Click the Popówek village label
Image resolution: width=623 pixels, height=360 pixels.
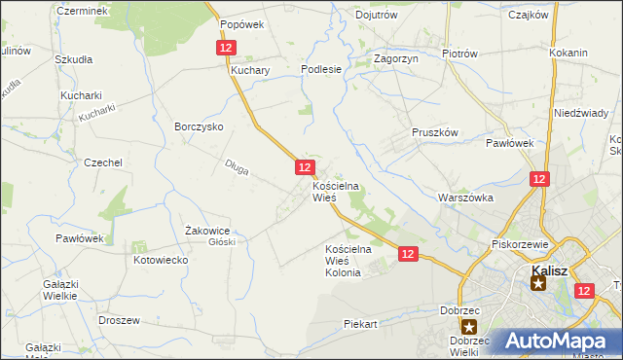pos(242,24)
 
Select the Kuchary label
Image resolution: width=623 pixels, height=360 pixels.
pos(249,71)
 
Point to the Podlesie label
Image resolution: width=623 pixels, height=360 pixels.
pos(321,69)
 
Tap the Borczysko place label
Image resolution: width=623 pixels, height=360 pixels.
pos(200,126)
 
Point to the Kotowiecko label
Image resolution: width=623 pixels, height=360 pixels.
pos(161,261)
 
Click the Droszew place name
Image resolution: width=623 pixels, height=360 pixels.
pos(120,319)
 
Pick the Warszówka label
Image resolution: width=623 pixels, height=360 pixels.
pos(466,198)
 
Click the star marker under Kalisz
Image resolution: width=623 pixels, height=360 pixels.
pos(538,283)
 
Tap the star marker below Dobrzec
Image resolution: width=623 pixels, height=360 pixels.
pos(470,328)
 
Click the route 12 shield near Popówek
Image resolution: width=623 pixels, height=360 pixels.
pos(226,47)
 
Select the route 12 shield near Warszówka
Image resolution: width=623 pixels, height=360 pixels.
pos(540,179)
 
